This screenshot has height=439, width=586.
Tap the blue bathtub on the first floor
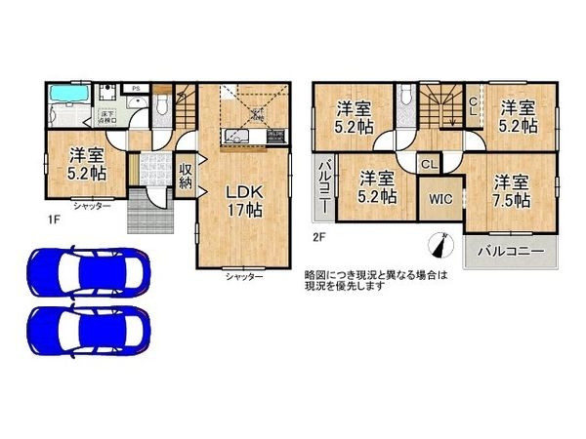point(65,96)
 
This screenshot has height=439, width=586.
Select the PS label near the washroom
point(136,89)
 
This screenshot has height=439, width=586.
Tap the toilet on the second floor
point(405,97)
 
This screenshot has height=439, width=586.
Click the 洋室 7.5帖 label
point(511,191)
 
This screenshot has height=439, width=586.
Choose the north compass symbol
point(439,243)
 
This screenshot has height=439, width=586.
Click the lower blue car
point(86,326)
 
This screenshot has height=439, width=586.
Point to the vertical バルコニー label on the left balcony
point(324,187)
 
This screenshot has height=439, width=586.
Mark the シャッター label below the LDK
point(243,277)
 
